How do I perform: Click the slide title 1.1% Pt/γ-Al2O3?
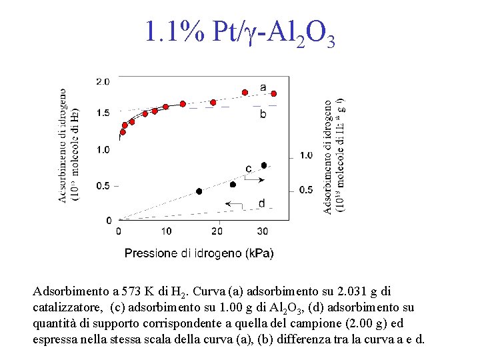pos(239,33)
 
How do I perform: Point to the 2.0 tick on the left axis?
pos(103,81)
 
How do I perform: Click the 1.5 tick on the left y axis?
pos(103,113)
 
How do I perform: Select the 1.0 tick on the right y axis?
pos(306,155)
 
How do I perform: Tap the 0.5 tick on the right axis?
pos(306,190)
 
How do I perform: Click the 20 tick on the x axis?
pos(217,231)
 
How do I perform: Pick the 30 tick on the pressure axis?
pos(263,231)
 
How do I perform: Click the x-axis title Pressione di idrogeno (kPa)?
pos(199,253)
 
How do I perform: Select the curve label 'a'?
pos(263,87)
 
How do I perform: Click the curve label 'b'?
pos(263,114)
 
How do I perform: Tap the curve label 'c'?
pos(249,169)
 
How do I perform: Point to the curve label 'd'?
pos(261,203)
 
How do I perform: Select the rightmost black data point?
pos(264,165)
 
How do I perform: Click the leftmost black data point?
pos(199,191)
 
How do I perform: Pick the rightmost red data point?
pos(273,93)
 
